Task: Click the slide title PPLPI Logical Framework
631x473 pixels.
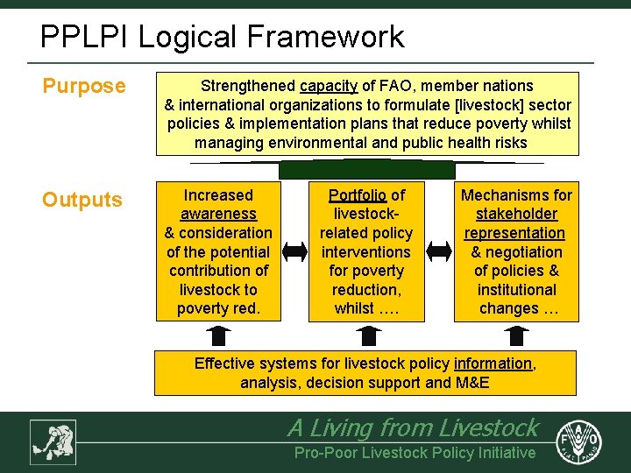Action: click(223, 37)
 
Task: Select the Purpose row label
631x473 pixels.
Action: click(85, 86)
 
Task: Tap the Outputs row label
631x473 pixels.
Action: click(82, 200)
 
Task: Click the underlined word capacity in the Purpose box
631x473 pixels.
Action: click(328, 86)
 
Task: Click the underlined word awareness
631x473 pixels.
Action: click(218, 214)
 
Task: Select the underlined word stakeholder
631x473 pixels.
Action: click(516, 214)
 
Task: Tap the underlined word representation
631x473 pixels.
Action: click(514, 233)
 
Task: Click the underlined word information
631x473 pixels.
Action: click(493, 364)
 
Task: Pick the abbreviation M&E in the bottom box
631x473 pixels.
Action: click(472, 383)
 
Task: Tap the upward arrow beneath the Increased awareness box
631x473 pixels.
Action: click(218, 335)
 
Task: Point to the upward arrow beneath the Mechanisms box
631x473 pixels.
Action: click(516, 335)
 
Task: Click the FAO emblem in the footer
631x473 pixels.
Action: click(583, 441)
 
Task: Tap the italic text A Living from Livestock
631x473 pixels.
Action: click(413, 427)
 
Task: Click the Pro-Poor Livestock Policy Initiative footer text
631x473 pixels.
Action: click(415, 453)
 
